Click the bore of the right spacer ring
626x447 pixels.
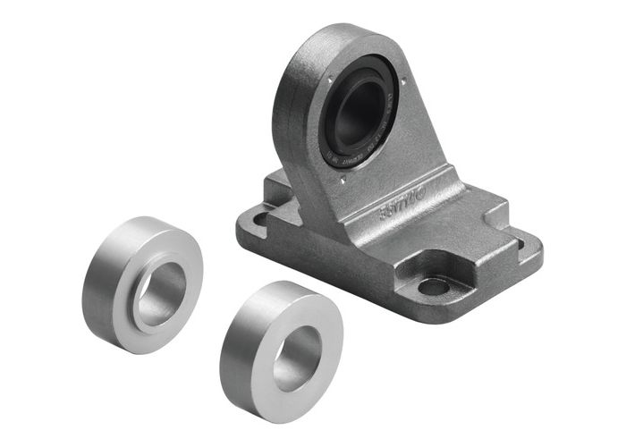[x=298, y=358]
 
